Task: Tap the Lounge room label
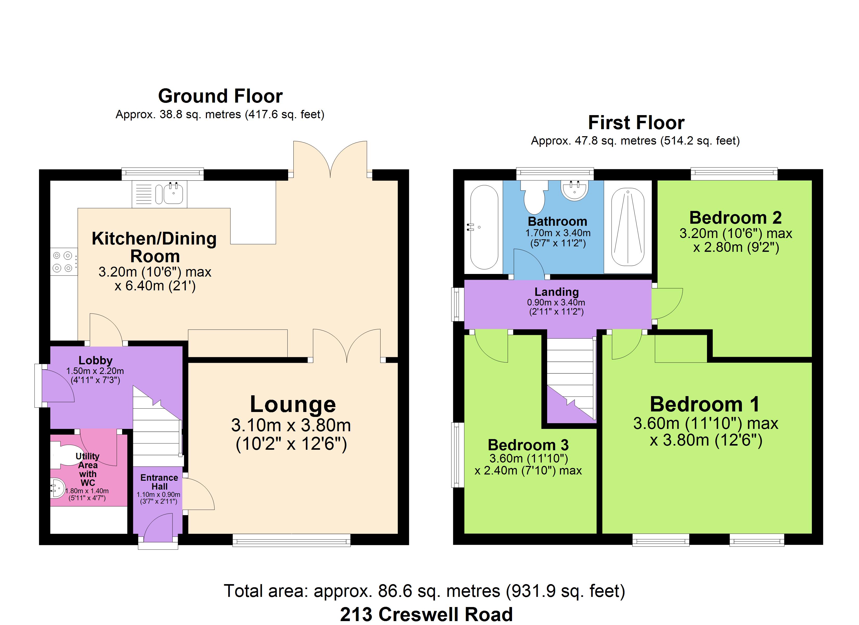pos(293,404)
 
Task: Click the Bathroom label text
pos(558,221)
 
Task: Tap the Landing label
pos(556,292)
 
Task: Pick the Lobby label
pos(96,360)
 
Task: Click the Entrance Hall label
pos(159,482)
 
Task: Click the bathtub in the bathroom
pos(484,227)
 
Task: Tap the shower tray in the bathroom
pos(628,227)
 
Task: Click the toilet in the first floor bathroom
pos(534,197)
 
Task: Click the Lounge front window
pos(291,540)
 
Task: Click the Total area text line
pos(424,591)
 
